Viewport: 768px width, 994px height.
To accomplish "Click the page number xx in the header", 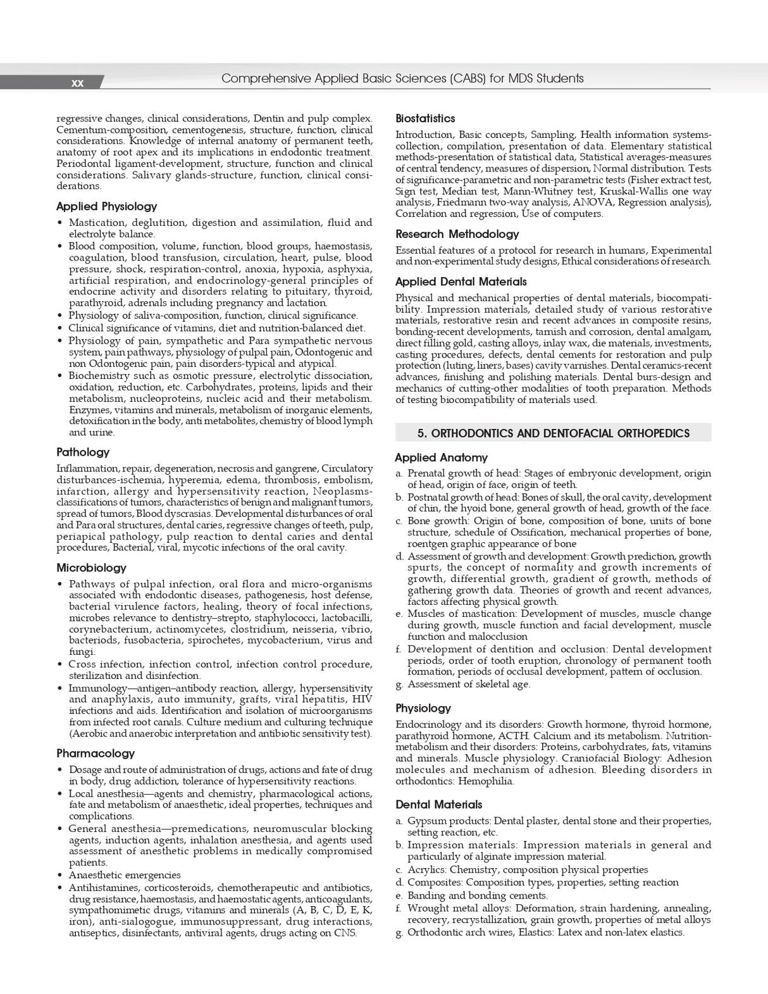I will coord(77,83).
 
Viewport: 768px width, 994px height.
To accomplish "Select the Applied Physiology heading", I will coord(106,206).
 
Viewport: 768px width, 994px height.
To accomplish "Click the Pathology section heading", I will coord(83,452).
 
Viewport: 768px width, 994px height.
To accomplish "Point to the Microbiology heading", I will coord(91,568).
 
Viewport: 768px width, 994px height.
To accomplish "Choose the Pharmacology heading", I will coord(96,753).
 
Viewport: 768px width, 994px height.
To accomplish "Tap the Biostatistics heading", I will coord(425,118).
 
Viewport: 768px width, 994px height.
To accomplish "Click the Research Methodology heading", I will coord(457,234).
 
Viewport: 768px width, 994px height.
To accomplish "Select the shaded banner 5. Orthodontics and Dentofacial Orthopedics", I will coord(553,433).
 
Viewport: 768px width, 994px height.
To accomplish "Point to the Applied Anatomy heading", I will coord(441,457).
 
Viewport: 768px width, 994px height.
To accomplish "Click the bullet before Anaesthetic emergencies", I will coord(60,875).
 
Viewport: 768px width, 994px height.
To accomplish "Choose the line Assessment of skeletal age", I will coord(469,684).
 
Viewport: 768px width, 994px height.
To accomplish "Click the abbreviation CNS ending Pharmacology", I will coord(345,933).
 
